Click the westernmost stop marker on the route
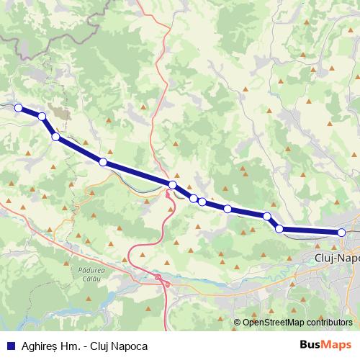pos(19,109)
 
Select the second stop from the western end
pos(42,117)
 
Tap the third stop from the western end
pos(55,137)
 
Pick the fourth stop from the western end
pos(103,162)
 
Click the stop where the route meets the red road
pos(173,186)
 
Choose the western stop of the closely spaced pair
pos(194,198)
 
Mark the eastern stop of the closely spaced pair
pos(202,202)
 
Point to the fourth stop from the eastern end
pos(228,209)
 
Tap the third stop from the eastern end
pos(267,216)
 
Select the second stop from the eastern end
pos(279,229)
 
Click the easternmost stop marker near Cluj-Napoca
pos(341,232)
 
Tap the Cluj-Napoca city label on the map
pos(337,256)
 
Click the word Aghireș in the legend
pos(36,346)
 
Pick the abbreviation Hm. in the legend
pos(71,346)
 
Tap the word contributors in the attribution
pos(330,323)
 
